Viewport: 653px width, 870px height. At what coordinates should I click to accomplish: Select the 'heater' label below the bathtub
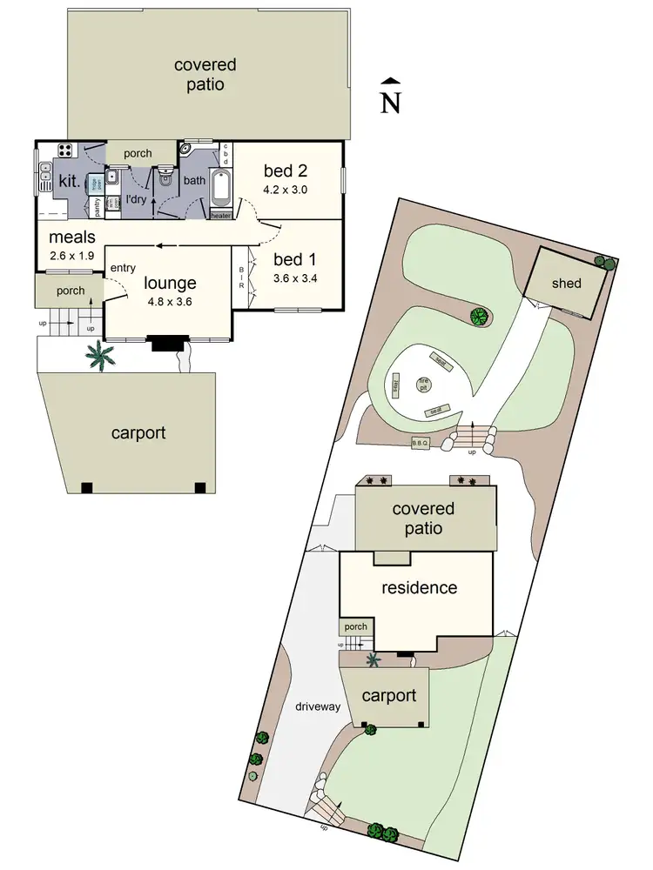tap(220, 215)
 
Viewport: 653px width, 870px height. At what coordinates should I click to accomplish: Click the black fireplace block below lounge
tap(165, 345)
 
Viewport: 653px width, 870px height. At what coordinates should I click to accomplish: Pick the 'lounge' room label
tap(170, 282)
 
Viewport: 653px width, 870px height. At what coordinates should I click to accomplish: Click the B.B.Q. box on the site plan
tap(421, 443)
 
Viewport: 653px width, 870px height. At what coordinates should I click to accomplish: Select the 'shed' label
tap(566, 284)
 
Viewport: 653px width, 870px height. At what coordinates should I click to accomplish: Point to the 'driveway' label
tap(317, 706)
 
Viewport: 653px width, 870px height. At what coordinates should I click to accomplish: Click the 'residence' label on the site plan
tap(419, 587)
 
